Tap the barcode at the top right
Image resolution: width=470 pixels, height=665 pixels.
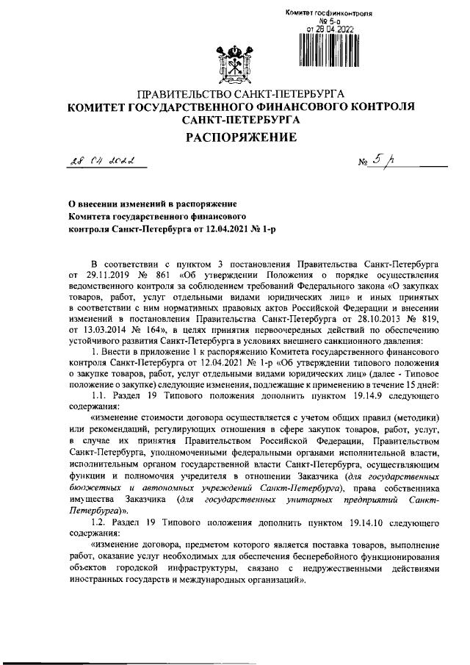pos(329,51)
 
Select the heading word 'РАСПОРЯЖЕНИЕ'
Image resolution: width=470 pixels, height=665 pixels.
pos(234,137)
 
